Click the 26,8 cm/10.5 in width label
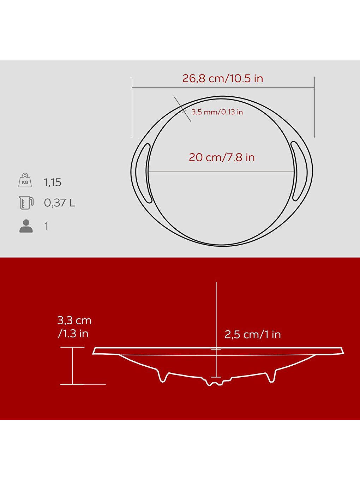click(x=223, y=78)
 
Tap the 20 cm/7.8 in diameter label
click(x=222, y=157)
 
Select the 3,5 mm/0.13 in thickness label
click(x=217, y=112)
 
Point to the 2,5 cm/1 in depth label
click(x=253, y=334)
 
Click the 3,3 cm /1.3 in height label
click(x=74, y=327)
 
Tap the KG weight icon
click(x=25, y=181)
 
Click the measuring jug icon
click(x=26, y=203)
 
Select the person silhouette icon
click(x=26, y=226)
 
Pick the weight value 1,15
click(x=53, y=182)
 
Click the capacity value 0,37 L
click(x=59, y=203)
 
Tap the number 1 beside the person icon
click(x=46, y=226)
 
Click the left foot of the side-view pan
click(x=163, y=378)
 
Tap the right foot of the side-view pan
click(x=271, y=378)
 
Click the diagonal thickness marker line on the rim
click(x=182, y=109)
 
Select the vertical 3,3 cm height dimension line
click(x=72, y=366)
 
